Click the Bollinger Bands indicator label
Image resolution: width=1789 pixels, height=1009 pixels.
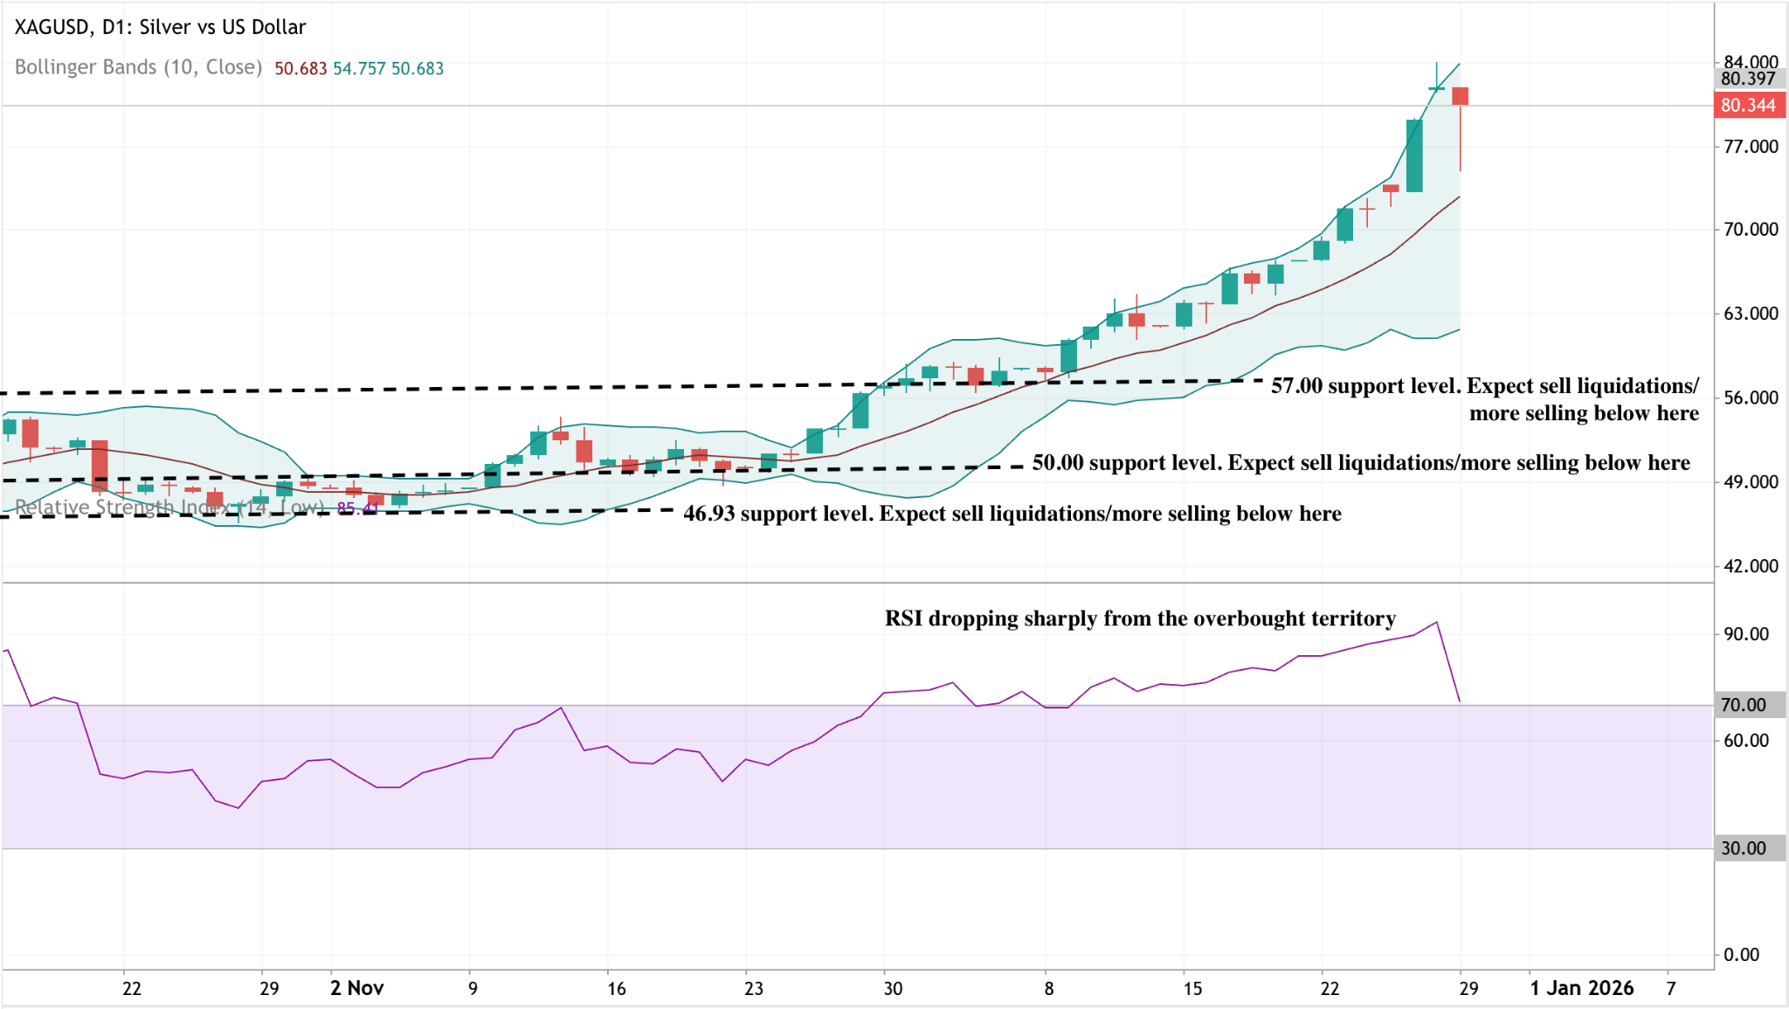(x=138, y=67)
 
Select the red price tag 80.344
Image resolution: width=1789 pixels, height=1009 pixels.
(x=1747, y=106)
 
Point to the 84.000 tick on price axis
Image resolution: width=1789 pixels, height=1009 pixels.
(x=1750, y=61)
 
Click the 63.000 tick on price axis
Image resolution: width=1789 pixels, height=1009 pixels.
(x=1750, y=314)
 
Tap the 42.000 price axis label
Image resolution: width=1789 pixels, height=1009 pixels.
(x=1750, y=566)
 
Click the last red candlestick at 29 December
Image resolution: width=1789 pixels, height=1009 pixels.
(x=1460, y=96)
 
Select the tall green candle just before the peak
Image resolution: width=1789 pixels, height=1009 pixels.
(x=1414, y=155)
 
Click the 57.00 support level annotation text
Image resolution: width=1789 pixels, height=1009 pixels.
(x=1484, y=398)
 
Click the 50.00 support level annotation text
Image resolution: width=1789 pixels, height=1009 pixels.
(x=1360, y=463)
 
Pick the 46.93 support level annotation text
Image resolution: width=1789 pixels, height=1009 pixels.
(x=1012, y=514)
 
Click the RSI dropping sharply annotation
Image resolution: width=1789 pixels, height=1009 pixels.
(x=1139, y=619)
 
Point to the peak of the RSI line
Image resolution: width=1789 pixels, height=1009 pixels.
(x=1436, y=623)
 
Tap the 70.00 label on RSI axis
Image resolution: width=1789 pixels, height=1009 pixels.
(x=1744, y=705)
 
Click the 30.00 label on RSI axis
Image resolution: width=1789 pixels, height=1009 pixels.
(x=1744, y=848)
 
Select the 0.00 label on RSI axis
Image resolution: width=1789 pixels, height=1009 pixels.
(x=1741, y=955)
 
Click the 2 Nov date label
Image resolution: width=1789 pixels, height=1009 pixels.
(x=356, y=988)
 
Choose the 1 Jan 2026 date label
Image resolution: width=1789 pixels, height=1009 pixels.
(x=1581, y=988)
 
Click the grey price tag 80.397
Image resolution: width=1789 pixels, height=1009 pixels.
(x=1747, y=79)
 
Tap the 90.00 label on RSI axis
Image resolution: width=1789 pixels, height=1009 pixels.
(x=1745, y=634)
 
